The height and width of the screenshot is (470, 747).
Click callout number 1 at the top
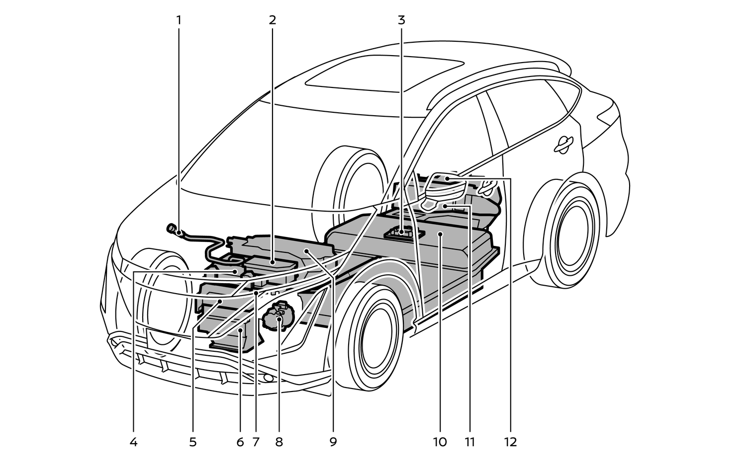click(x=179, y=20)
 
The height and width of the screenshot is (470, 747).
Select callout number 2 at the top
click(x=272, y=20)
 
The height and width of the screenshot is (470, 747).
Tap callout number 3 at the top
click(x=401, y=20)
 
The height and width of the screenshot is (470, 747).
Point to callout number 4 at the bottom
click(x=133, y=442)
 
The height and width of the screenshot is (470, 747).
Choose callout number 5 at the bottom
click(x=193, y=442)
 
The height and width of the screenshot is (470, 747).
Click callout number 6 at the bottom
click(x=240, y=442)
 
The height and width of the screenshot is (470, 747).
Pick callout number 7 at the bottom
click(x=256, y=442)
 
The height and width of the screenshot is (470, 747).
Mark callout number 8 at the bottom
click(x=279, y=442)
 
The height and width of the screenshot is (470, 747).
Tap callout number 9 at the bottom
click(x=333, y=442)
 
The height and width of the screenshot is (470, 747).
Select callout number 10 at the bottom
click(x=440, y=442)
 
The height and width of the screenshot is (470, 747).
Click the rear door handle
click(x=565, y=143)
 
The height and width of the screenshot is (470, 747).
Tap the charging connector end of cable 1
click(x=172, y=229)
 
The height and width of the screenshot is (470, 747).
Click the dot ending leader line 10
click(x=440, y=233)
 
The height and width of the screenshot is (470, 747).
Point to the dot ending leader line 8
click(x=279, y=319)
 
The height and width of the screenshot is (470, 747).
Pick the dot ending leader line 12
click(x=447, y=178)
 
